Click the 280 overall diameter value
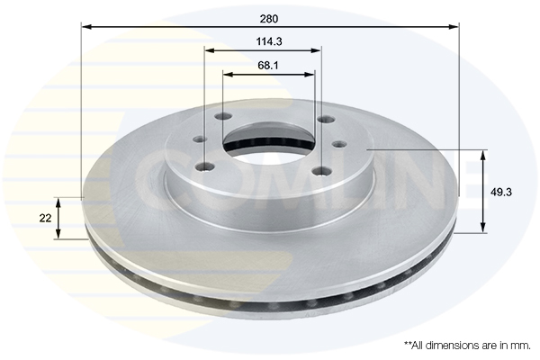coord(268,19)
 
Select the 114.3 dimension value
coord(269,41)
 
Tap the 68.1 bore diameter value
coord(268,65)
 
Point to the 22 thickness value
coord(45,218)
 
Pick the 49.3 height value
coord(501,193)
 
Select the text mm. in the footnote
coord(521,346)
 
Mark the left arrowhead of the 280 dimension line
coord(86,26)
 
